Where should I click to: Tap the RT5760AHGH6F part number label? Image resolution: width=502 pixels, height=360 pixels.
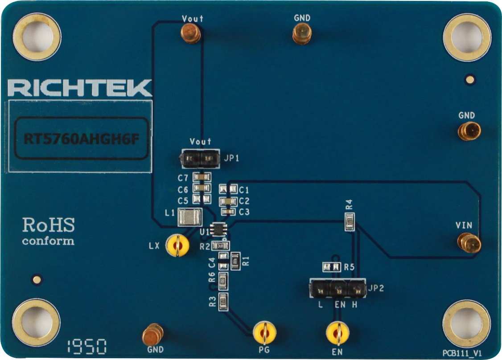80,139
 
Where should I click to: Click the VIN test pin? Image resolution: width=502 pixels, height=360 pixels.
469,243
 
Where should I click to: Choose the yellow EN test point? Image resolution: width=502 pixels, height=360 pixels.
337,332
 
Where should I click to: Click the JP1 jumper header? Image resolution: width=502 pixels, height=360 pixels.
199,158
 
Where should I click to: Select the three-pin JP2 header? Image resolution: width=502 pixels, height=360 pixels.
337,289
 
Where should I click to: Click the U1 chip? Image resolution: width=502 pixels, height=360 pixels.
219,229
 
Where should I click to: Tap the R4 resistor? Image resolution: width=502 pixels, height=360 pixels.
350,221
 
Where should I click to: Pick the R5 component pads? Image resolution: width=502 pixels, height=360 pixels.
331,267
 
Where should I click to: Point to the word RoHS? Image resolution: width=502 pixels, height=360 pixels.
49,225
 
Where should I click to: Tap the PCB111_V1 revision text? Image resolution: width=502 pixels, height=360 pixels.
463,352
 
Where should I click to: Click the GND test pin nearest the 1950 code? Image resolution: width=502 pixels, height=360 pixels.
152,334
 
